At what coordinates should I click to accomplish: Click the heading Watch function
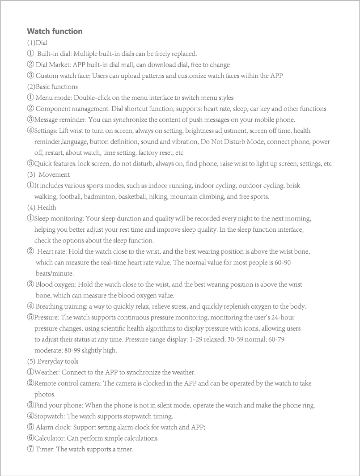click(55, 31)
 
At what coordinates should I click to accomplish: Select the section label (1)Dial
click(37, 43)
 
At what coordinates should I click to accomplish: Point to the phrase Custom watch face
click(63, 76)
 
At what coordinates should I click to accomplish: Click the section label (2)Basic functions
click(52, 87)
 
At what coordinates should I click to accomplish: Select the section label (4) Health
click(42, 208)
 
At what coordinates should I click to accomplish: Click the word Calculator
click(50, 438)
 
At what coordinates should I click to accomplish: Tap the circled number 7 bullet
click(30, 449)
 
